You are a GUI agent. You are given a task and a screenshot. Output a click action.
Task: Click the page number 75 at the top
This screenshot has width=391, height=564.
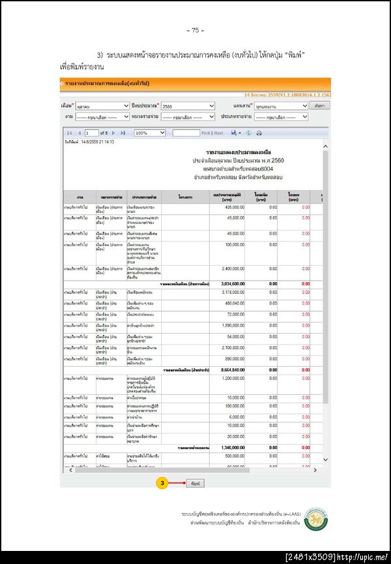pyautogui.click(x=195, y=30)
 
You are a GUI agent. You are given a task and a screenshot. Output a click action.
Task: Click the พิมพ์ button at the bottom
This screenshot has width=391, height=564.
pyautogui.click(x=195, y=484)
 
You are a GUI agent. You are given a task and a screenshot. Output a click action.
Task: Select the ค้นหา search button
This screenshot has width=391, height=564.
pyautogui.click(x=319, y=106)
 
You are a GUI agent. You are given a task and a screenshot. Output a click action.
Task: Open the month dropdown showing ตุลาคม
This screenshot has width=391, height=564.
pyautogui.click(x=103, y=106)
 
